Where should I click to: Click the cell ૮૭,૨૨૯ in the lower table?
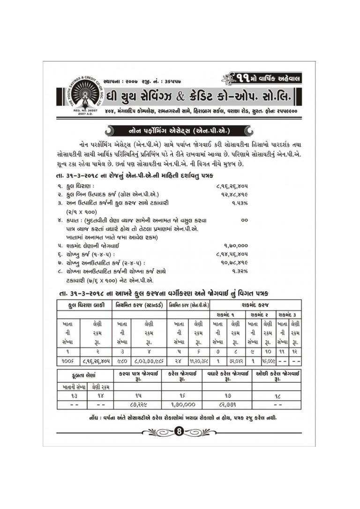(138, 404)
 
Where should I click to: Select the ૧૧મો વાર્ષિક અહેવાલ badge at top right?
(265, 77)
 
